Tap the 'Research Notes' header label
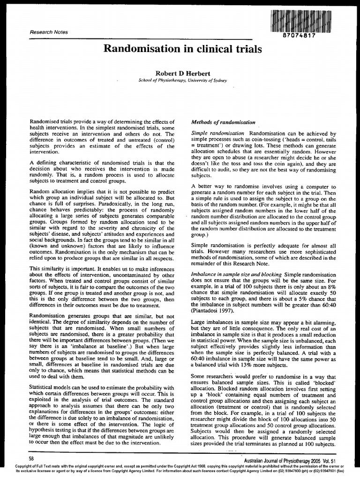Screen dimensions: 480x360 pyautogui.click(x=49, y=32)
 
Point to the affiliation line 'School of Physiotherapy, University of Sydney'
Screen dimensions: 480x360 pyautogui.click(x=183, y=81)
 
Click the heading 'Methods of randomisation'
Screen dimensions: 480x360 pyautogui.click(x=223, y=122)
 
